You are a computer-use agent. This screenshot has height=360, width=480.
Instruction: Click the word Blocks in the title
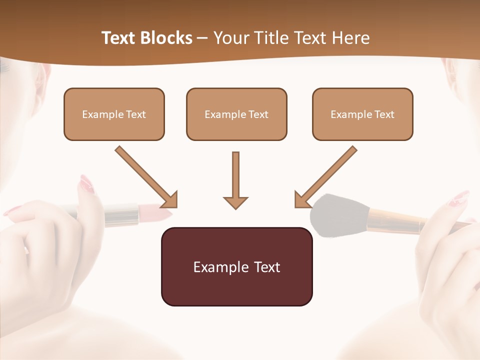167,38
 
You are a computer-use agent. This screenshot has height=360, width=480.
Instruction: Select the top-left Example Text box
114,114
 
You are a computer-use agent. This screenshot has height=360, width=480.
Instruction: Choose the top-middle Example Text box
236,114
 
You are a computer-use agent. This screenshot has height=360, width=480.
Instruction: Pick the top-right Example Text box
362,114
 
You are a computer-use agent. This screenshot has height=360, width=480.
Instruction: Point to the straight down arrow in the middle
235,177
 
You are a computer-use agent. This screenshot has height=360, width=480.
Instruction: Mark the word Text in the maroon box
265,267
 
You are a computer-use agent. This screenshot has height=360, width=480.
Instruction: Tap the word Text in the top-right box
384,114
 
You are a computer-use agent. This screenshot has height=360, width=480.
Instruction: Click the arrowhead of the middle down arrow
235,201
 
